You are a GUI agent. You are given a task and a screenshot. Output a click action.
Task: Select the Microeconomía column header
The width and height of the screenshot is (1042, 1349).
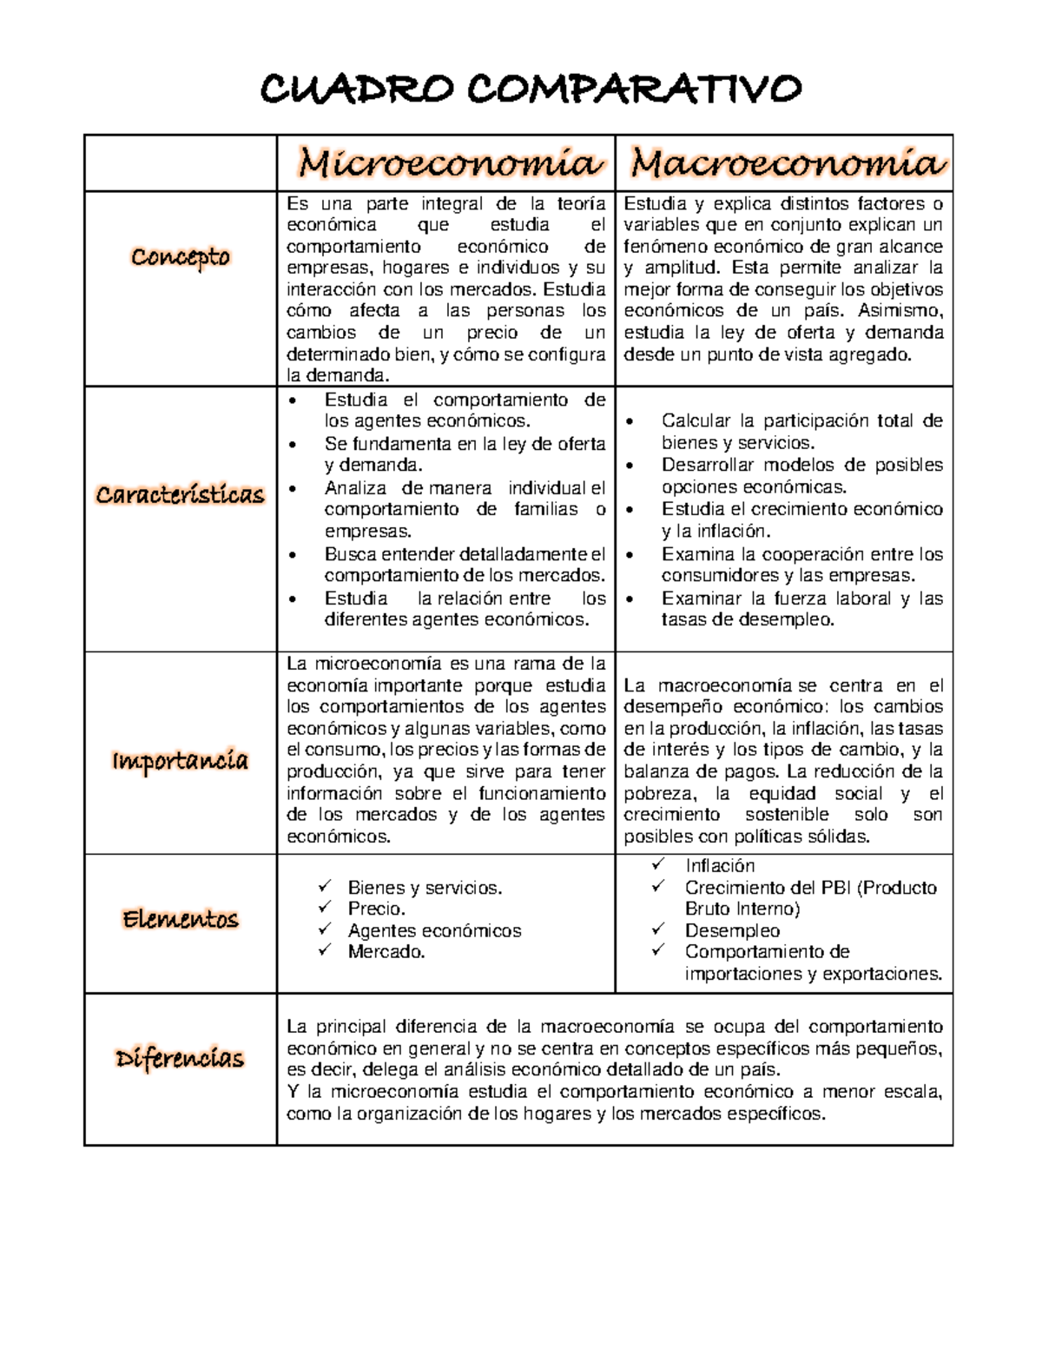point(448,162)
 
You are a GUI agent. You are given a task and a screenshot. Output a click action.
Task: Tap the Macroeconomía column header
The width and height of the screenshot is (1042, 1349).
point(785,162)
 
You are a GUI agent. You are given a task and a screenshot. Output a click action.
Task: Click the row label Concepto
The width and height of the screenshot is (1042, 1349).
point(181,257)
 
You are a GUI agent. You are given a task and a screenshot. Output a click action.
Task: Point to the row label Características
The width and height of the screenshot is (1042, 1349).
point(181,495)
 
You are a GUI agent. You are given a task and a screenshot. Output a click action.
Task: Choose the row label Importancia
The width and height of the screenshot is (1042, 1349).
point(181,761)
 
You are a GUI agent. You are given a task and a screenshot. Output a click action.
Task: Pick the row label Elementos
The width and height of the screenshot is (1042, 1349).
point(181,919)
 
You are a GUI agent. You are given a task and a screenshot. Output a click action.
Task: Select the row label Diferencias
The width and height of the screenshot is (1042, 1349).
point(181,1059)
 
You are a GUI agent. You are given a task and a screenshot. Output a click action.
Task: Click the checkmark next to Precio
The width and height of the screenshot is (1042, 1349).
point(326,908)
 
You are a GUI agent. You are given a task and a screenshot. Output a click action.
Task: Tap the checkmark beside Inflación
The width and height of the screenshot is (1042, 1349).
point(659,864)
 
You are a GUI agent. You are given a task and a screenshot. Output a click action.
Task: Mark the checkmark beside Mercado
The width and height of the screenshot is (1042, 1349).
point(326,950)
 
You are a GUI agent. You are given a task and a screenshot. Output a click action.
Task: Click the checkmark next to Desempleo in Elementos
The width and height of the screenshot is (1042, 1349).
point(659,929)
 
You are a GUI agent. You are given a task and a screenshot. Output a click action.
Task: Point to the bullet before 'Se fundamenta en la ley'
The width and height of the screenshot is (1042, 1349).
point(297,445)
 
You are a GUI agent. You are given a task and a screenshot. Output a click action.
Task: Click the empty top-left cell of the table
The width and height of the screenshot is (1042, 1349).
point(181,163)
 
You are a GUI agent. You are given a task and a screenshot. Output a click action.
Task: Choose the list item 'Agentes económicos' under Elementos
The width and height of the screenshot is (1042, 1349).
point(434,930)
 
